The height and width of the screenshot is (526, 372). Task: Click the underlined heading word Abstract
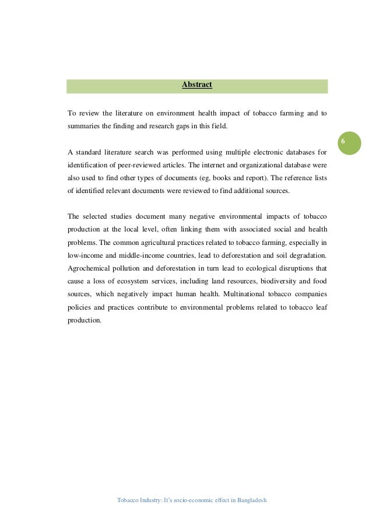pyautogui.click(x=197, y=85)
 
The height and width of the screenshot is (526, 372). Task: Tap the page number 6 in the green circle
pyautogui.click(x=343, y=142)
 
